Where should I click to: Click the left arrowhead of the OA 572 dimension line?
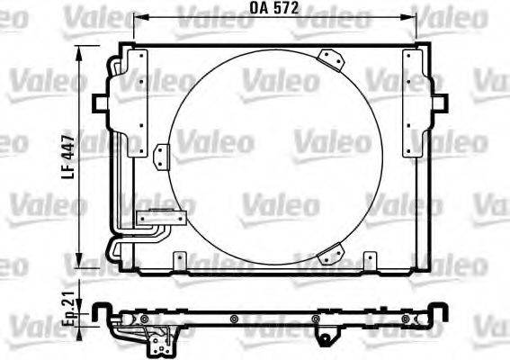pos(137,17)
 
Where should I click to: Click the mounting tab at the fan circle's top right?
pos(335,58)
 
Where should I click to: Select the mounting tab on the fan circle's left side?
pos(161,156)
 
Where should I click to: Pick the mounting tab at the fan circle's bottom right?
pos(335,255)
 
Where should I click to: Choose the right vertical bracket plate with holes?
pos(413,103)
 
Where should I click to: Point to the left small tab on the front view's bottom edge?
pos(179,263)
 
